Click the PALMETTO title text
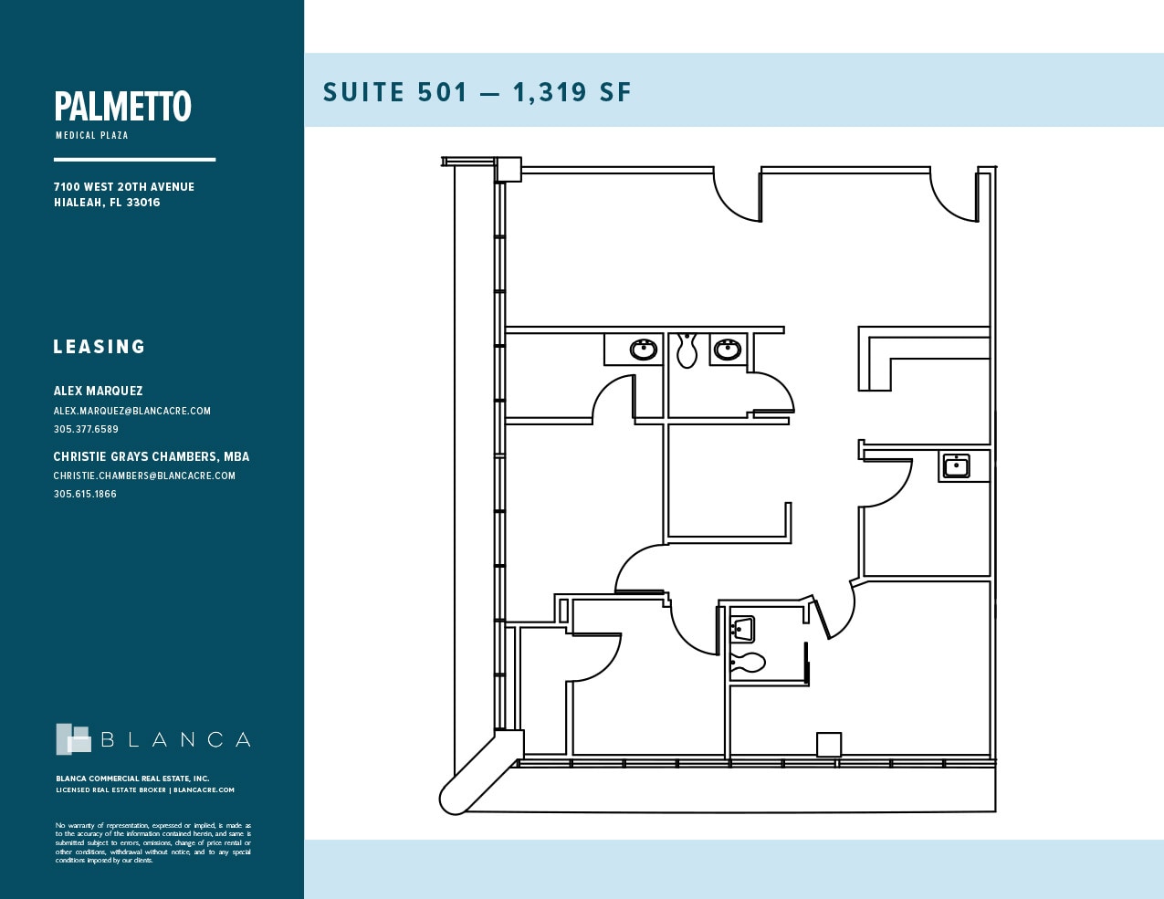click(x=122, y=107)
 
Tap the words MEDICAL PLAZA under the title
click(x=91, y=135)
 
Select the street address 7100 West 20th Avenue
click(x=123, y=186)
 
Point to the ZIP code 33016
click(x=143, y=203)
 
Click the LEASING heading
click(x=100, y=347)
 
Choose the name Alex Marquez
click(x=98, y=391)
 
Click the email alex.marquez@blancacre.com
click(x=131, y=411)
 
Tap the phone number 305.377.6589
click(x=86, y=429)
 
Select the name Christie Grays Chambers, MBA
click(x=151, y=456)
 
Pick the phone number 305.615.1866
click(x=85, y=494)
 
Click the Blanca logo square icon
click(x=73, y=739)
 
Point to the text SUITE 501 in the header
click(x=395, y=92)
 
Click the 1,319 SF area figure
click(x=572, y=92)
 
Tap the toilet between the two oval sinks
click(x=687, y=350)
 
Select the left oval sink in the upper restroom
click(x=644, y=349)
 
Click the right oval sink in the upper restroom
click(x=728, y=349)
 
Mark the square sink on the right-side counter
click(x=955, y=466)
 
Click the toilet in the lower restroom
click(x=748, y=662)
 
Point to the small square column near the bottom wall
click(x=828, y=745)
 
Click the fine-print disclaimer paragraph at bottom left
click(x=152, y=842)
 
